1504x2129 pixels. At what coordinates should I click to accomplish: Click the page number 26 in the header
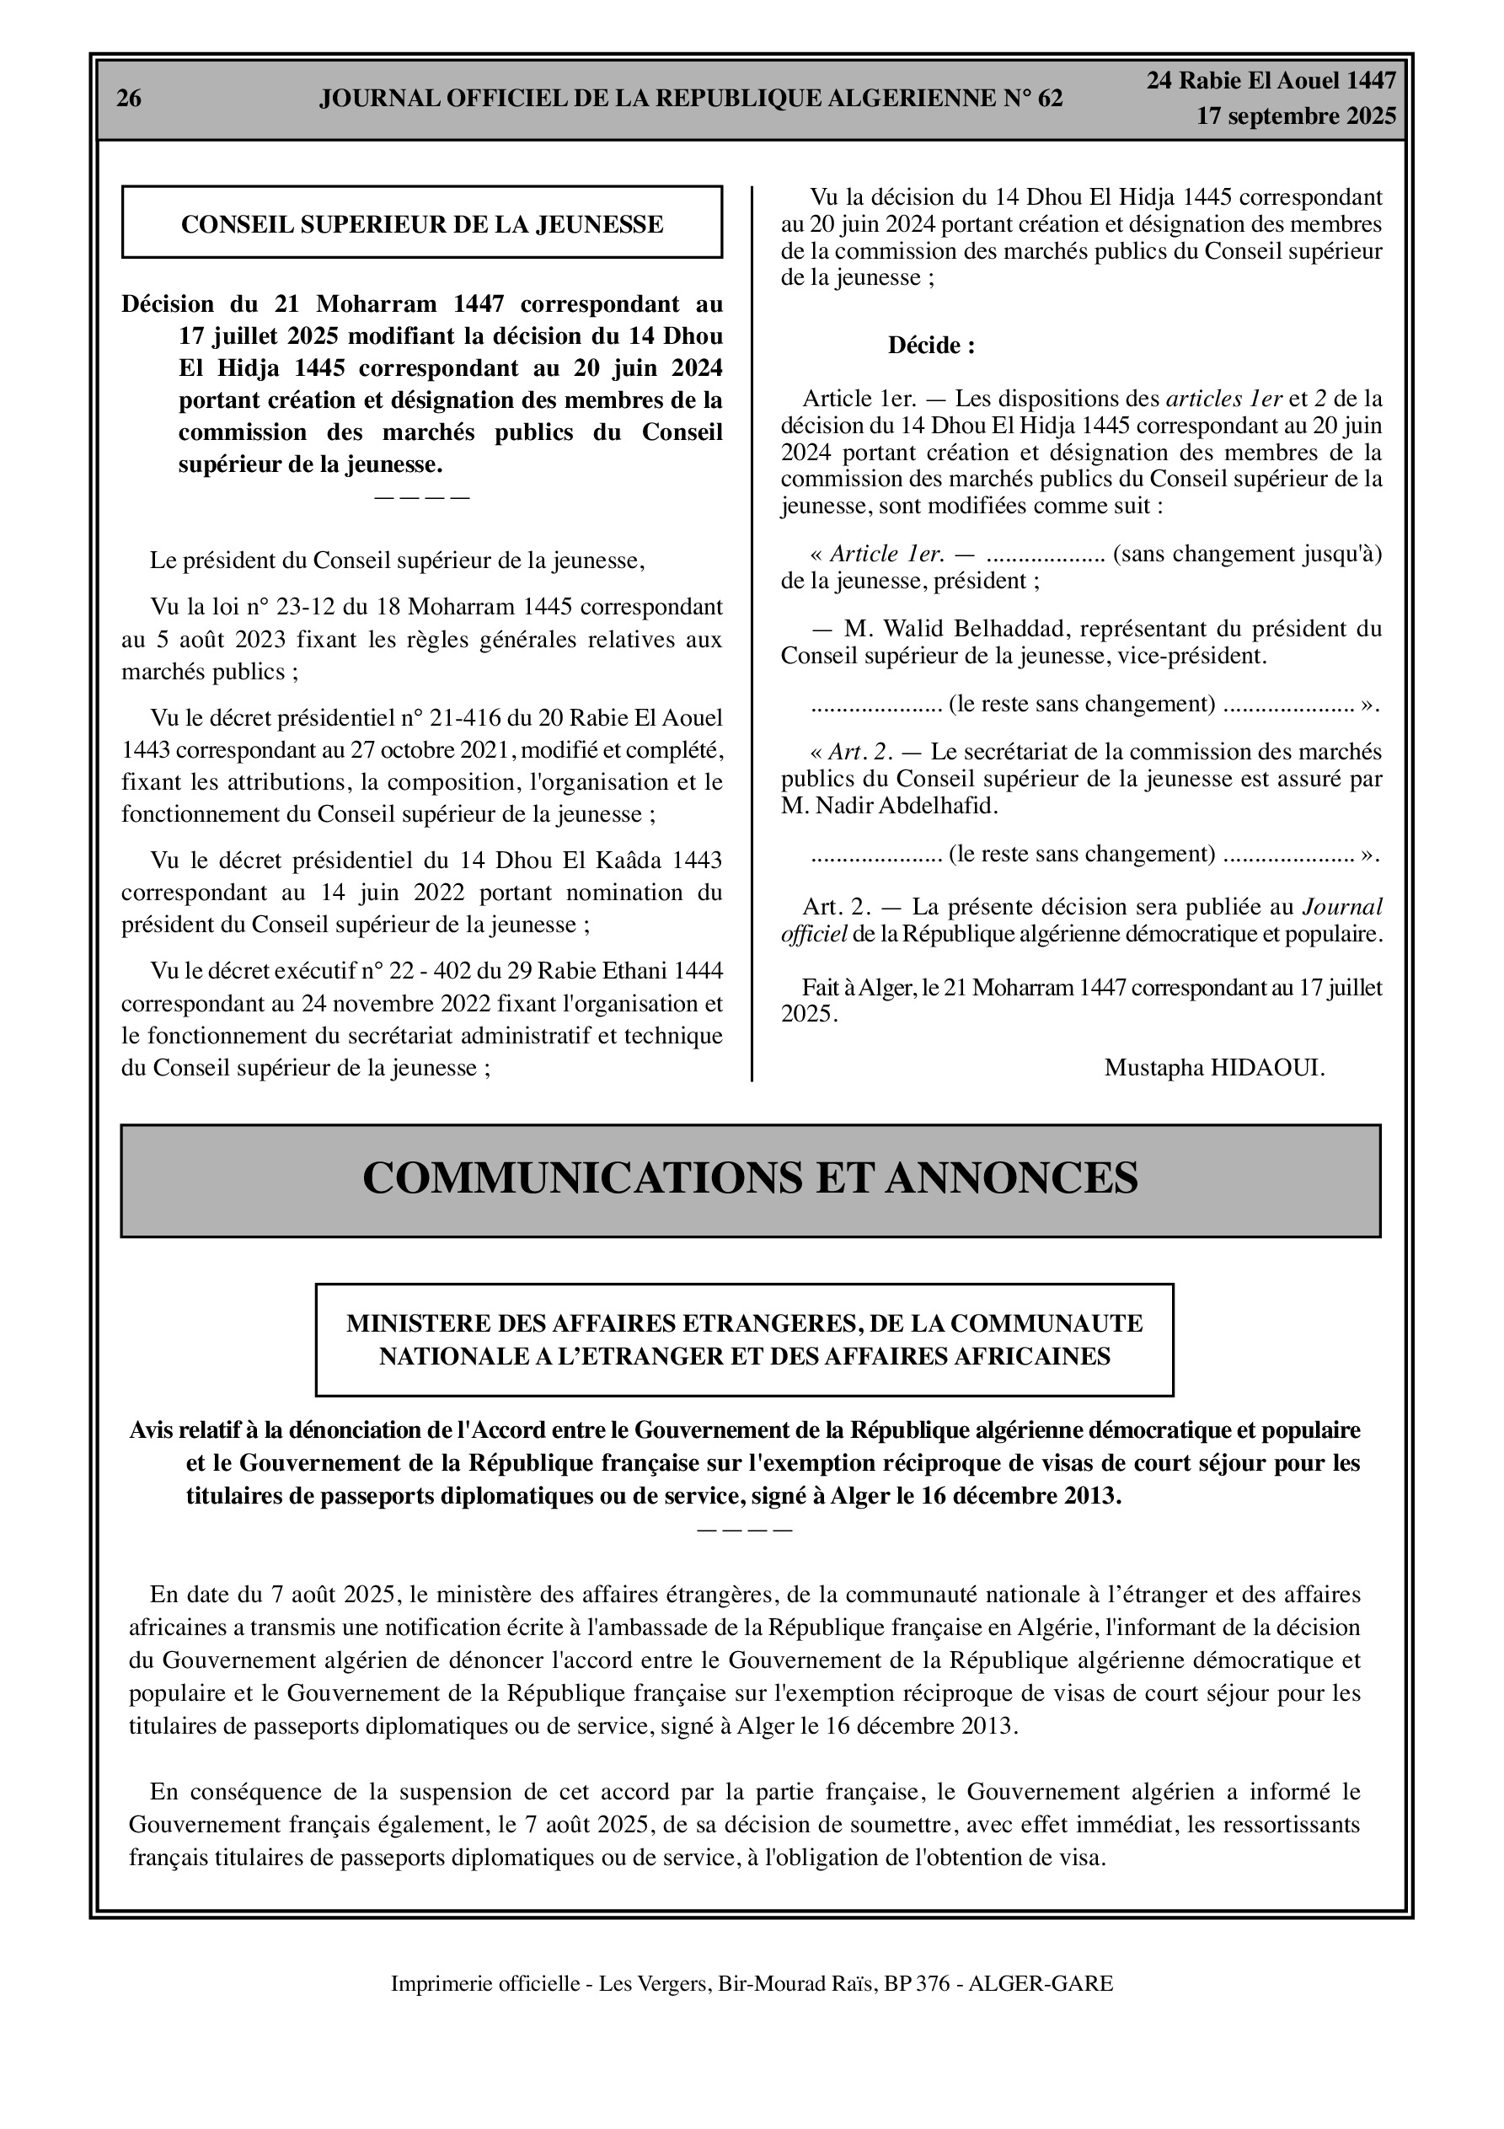[129, 99]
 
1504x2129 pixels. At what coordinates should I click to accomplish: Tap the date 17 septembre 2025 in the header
[1295, 117]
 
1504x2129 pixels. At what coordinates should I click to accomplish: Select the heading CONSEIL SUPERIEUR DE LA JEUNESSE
[422, 224]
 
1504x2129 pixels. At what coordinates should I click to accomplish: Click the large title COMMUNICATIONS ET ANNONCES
[749, 1178]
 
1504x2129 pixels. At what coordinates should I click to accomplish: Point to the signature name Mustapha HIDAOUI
[1214, 1068]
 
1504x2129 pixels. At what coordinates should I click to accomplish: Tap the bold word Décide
[930, 346]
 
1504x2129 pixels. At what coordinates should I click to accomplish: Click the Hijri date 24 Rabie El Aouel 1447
[1271, 82]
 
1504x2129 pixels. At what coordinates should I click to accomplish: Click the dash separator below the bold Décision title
[422, 497]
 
